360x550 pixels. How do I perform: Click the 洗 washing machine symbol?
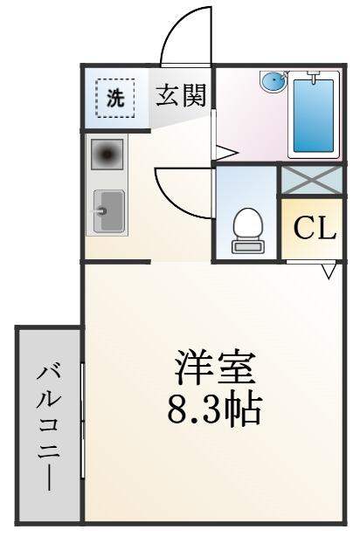pyautogui.click(x=115, y=98)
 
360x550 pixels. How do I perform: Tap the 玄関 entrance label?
pyautogui.click(x=180, y=95)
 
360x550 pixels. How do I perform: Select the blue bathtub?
pyautogui.click(x=314, y=115)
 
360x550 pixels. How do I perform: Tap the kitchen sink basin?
pyautogui.click(x=109, y=210)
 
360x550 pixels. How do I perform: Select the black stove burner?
pyautogui.click(x=107, y=154)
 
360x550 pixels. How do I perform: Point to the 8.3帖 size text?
pyautogui.click(x=215, y=409)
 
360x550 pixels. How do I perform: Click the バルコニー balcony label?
pyautogui.click(x=48, y=428)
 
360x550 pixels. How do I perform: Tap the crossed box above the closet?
pyautogui.click(x=310, y=180)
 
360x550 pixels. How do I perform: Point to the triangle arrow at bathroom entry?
pyautogui.click(x=226, y=153)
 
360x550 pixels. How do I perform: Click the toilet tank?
pyautogui.click(x=248, y=246)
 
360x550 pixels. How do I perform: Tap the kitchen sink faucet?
pyautogui.click(x=99, y=210)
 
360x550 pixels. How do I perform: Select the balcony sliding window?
pyautogui.click(x=83, y=421)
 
